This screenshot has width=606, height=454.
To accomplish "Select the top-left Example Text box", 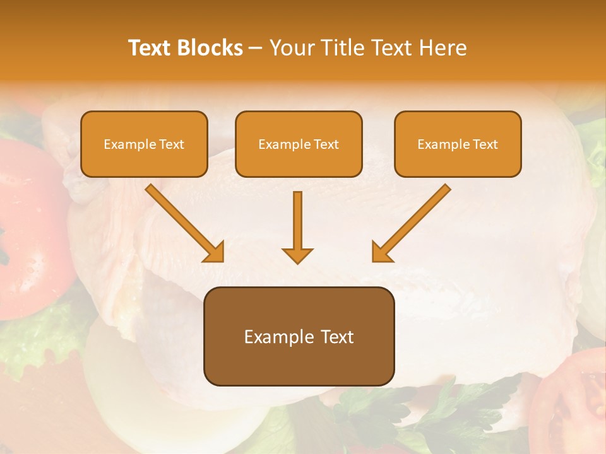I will click(144, 144).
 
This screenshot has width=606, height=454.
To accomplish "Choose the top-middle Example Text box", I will click(299, 144).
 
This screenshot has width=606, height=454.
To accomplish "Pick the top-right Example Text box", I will click(458, 144).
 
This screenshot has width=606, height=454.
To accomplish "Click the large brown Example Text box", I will click(299, 336).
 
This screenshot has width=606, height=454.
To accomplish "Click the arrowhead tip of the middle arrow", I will click(297, 261).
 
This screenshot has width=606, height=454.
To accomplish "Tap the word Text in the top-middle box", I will click(326, 144).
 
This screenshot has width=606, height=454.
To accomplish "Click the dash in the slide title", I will click(256, 49).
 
